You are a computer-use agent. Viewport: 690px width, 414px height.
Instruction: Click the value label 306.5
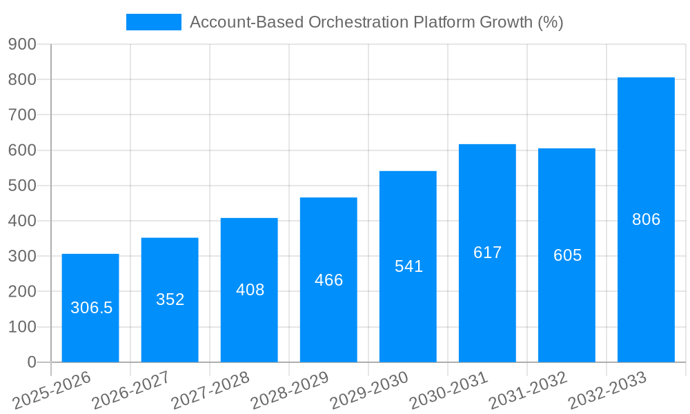tap(91, 308)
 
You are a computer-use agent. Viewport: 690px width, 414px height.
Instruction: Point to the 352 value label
tap(170, 299)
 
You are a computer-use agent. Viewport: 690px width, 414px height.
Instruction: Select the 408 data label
tap(250, 290)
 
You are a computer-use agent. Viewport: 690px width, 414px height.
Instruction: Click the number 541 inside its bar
tap(408, 266)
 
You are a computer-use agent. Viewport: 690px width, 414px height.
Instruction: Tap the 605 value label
tap(567, 255)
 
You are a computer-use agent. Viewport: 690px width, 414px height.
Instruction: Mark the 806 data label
tap(646, 219)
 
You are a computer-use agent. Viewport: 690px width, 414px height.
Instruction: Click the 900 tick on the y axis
tap(22, 44)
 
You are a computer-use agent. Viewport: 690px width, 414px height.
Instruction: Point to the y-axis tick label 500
tap(22, 186)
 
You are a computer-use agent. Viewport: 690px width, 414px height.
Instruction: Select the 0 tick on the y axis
tap(31, 362)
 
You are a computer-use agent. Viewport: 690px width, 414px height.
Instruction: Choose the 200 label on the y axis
tap(22, 291)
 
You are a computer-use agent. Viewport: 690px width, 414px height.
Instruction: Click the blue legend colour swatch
tap(153, 22)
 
